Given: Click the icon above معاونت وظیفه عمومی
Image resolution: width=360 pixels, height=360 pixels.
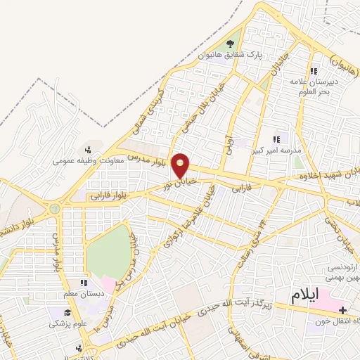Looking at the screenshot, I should pos(88,148).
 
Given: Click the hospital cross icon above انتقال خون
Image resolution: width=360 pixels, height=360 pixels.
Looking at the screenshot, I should pos(342,309).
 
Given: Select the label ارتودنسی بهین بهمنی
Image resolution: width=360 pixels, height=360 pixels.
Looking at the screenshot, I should pos(342,274).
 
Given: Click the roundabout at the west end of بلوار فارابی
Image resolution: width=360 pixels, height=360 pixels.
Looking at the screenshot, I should pos(54,208).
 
